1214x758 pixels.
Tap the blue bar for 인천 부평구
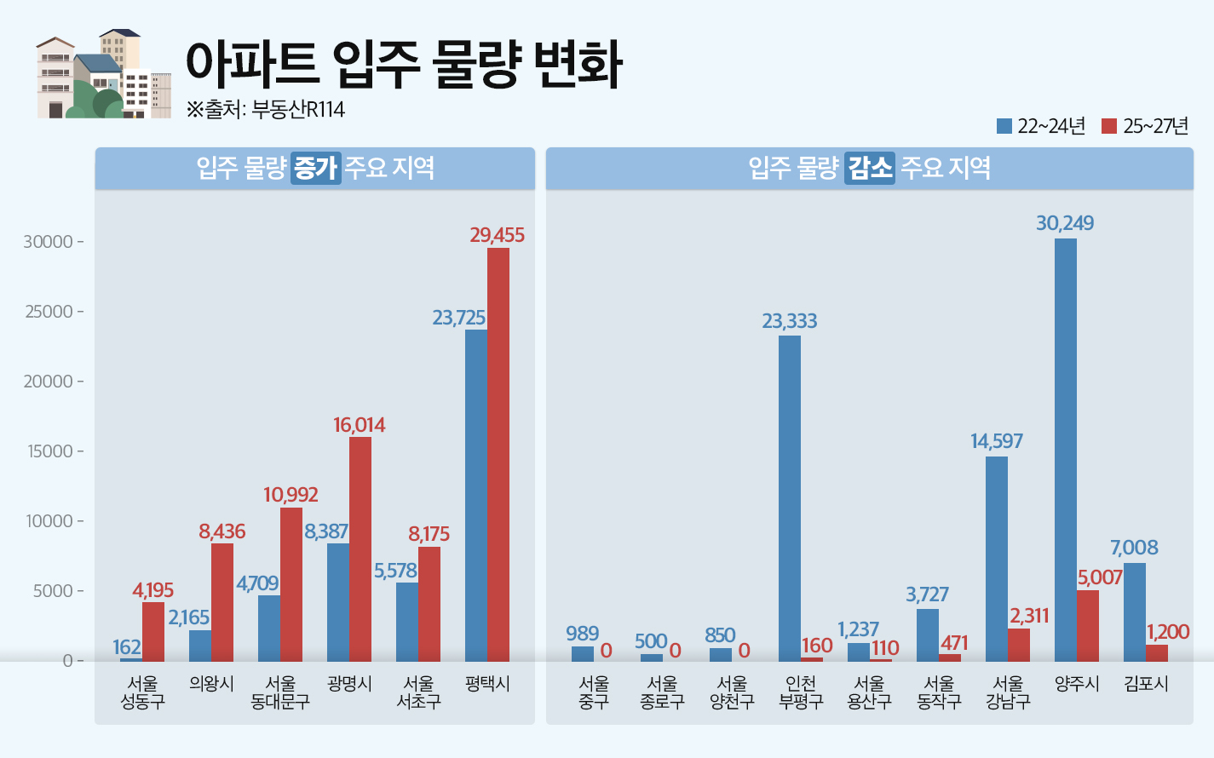tap(790, 498)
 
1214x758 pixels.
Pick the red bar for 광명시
tap(360, 548)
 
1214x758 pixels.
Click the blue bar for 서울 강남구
tap(997, 559)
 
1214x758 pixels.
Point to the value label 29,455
tap(497, 235)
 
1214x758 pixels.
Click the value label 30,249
tap(1065, 223)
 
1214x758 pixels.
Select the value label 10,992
tap(291, 495)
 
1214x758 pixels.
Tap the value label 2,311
tap(1029, 616)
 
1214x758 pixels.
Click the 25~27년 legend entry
tap(1145, 126)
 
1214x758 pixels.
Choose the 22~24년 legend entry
tap(1041, 126)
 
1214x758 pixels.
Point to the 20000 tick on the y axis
tap(49, 382)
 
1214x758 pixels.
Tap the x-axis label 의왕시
tap(211, 684)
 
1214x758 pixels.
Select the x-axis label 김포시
tap(1146, 684)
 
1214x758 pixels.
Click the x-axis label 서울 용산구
tap(869, 692)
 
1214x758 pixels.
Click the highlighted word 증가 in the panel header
tap(315, 168)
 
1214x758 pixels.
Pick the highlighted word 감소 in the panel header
tap(869, 168)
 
